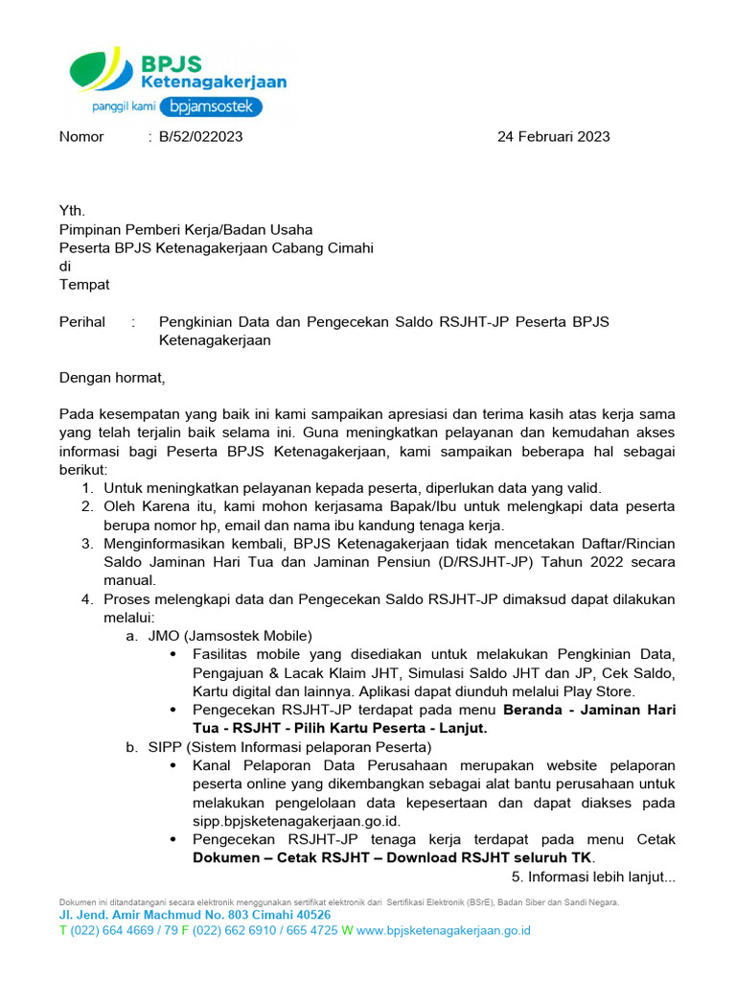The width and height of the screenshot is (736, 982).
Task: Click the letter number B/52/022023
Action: coord(200,136)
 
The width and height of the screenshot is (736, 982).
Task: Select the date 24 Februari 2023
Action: coord(553,136)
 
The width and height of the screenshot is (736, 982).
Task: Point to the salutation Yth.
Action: coord(72,211)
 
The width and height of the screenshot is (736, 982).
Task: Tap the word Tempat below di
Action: coord(84,284)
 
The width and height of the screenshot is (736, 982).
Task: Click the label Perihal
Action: coord(82,322)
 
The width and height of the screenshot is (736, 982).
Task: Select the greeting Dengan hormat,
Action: coord(112,378)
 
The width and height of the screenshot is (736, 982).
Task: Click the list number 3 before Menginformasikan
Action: coord(86,544)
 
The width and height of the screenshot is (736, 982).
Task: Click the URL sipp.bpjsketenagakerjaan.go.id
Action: coord(296,821)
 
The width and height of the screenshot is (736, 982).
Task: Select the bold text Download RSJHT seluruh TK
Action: coord(490,857)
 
